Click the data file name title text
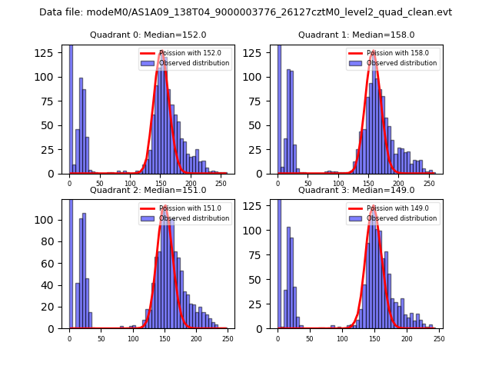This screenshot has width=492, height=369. [x=245, y=12]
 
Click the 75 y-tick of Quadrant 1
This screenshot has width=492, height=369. [x=261, y=101]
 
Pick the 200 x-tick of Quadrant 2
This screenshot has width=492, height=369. [x=164, y=338]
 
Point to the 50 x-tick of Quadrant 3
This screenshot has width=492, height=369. [x=310, y=338]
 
